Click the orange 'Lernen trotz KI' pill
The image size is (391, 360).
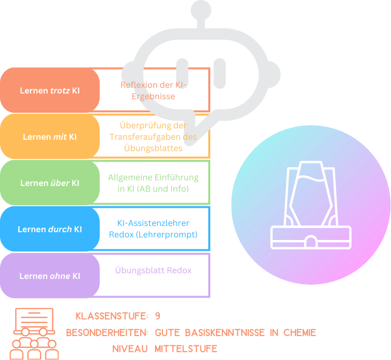pos(50,90)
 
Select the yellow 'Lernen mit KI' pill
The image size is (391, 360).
pos(50,137)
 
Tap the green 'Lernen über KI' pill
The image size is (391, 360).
pos(50,183)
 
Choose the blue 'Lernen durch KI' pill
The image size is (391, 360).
pos(50,229)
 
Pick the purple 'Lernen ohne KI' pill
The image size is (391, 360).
pos(50,276)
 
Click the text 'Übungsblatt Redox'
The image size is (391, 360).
pos(153,271)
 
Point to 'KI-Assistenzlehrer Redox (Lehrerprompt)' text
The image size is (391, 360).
pos(153,229)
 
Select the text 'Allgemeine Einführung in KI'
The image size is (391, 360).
pos(153,183)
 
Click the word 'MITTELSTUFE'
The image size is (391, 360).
pos(186,349)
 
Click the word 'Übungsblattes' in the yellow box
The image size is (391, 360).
pos(153,148)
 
